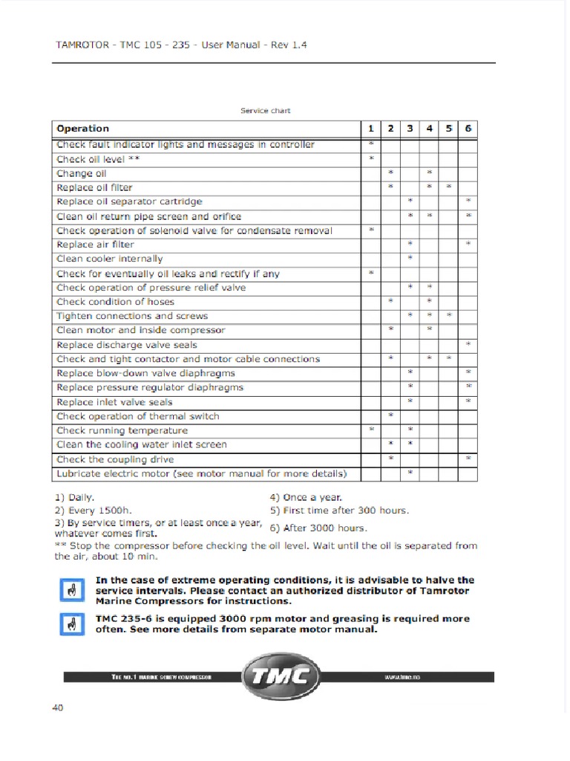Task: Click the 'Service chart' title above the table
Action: coord(265,111)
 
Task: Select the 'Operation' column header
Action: coord(82,129)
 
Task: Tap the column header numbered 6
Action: coord(468,129)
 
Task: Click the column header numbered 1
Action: coord(370,129)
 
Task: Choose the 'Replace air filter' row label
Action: coord(95,245)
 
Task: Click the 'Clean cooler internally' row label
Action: coord(109,259)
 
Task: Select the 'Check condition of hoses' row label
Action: coord(115,302)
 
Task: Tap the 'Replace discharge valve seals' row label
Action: coord(127,345)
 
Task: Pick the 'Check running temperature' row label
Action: coord(122,430)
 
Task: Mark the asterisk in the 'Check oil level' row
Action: coord(370,159)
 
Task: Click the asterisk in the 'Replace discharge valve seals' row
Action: coord(468,345)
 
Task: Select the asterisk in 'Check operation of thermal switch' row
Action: coord(390,416)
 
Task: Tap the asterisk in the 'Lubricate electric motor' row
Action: coord(410,473)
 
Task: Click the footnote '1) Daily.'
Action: coord(74,497)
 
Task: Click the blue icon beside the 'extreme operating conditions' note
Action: coord(71,590)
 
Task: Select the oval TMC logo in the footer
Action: coord(281,676)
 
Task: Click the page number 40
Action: coord(58,707)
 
